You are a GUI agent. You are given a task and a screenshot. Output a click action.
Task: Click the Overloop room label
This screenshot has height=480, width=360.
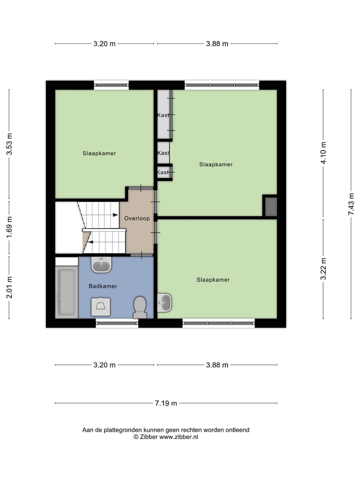(137, 218)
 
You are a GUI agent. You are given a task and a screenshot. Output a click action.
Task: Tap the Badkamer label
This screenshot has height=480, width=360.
(102, 286)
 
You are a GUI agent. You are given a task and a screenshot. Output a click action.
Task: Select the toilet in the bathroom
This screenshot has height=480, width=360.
(139, 306)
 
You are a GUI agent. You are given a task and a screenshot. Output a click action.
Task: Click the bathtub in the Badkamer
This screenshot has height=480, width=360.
(66, 292)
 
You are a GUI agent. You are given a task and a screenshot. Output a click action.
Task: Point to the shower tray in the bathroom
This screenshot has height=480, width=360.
(100, 306)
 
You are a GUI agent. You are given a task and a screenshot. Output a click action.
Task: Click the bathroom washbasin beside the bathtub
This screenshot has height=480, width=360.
(101, 264)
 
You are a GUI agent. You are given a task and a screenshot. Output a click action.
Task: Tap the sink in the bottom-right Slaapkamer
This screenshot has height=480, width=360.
(164, 301)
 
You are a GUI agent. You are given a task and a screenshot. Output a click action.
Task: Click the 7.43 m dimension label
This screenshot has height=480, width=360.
(351, 204)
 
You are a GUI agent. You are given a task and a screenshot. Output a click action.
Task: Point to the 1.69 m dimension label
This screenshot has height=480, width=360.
(9, 226)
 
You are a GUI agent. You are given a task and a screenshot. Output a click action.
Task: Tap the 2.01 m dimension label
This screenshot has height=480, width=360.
(9, 287)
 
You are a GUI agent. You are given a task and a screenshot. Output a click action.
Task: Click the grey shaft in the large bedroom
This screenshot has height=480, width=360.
(270, 206)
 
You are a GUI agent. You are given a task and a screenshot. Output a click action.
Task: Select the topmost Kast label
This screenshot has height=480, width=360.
(163, 115)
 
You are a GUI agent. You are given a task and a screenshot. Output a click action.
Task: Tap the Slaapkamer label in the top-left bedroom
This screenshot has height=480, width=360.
(99, 153)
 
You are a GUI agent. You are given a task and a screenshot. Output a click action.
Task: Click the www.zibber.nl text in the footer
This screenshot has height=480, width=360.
(178, 436)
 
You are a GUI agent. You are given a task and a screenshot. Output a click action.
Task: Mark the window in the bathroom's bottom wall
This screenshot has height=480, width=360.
(116, 323)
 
